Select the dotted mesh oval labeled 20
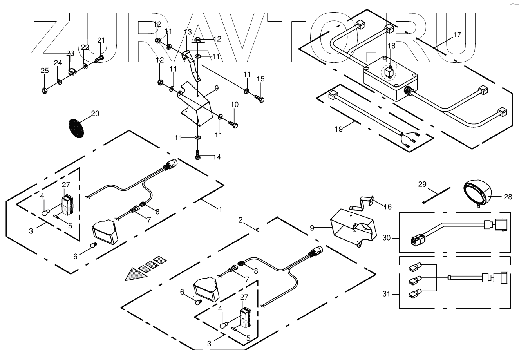(x=76, y=127)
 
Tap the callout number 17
(x=457, y=34)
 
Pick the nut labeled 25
(x=45, y=90)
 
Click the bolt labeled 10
(x=233, y=124)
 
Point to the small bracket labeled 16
(x=366, y=203)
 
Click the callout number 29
(x=422, y=184)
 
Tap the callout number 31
(x=387, y=293)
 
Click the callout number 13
(x=188, y=31)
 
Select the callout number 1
(x=220, y=210)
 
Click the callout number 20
(x=95, y=114)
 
